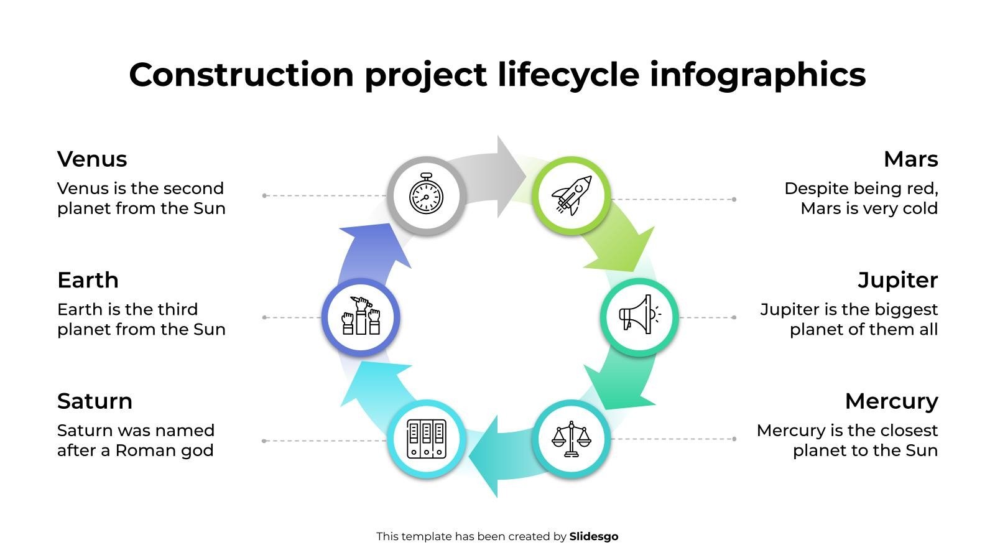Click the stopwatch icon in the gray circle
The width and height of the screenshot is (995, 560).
click(x=426, y=195)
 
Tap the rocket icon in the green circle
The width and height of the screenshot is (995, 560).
click(x=572, y=195)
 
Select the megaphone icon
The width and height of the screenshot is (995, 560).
click(x=639, y=317)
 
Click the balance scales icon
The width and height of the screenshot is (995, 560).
click(x=571, y=439)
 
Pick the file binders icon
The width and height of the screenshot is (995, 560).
click(x=427, y=439)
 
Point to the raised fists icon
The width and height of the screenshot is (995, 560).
click(x=361, y=317)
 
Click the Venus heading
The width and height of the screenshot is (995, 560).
click(x=92, y=159)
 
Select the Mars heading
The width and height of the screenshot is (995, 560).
click(x=910, y=159)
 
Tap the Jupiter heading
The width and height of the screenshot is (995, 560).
click(x=897, y=280)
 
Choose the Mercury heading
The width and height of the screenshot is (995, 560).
click(x=891, y=401)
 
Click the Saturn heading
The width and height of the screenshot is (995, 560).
click(x=95, y=401)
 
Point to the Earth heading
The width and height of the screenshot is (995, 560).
click(x=88, y=280)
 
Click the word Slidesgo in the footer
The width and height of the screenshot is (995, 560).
click(x=594, y=536)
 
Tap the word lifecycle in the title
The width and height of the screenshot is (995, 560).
click(x=568, y=75)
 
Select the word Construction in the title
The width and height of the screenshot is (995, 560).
click(x=241, y=75)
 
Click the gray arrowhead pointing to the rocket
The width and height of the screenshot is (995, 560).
click(x=510, y=177)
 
